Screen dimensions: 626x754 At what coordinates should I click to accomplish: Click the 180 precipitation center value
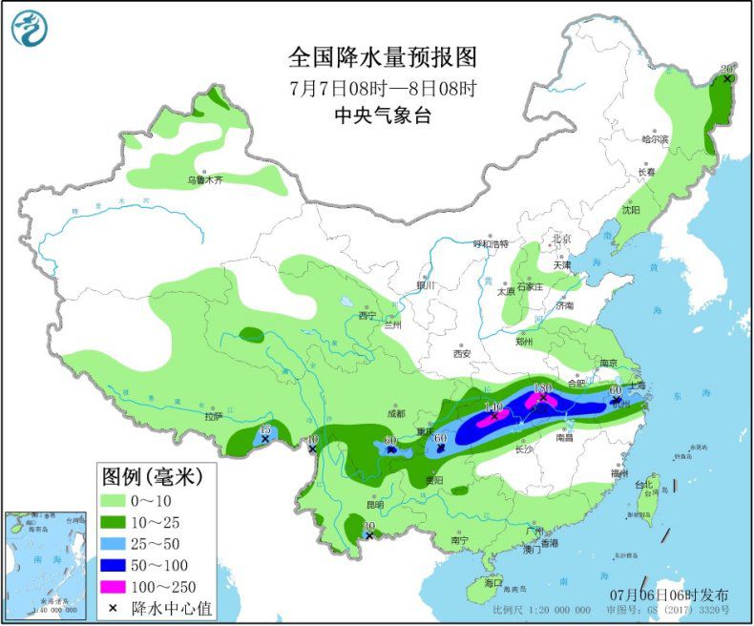coord(543,389)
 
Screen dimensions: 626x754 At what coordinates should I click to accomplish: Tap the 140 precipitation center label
coord(493,407)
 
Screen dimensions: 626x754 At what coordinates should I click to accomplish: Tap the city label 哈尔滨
coord(656,139)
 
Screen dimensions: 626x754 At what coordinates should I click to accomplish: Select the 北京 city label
coord(560,239)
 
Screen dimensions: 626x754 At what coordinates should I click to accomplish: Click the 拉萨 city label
coord(213,416)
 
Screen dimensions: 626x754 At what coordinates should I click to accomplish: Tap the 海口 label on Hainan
coord(492,582)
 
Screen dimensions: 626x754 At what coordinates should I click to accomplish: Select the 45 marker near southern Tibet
coord(264,432)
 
